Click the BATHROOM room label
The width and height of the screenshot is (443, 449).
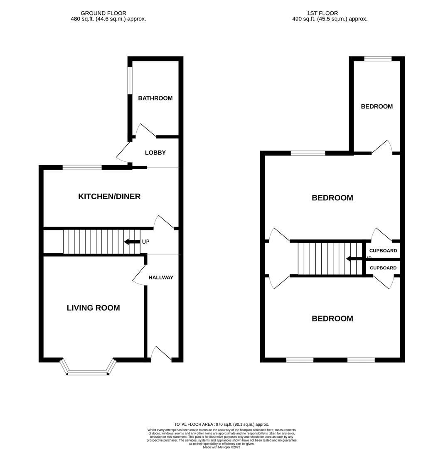(155, 99)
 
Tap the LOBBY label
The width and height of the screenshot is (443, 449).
(155, 153)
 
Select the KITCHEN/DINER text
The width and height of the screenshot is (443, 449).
(109, 196)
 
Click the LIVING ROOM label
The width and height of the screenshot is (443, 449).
(93, 308)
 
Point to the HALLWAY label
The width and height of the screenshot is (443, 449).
(161, 277)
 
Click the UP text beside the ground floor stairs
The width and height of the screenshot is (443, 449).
(145, 242)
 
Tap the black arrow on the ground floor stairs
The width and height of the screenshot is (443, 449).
(131, 242)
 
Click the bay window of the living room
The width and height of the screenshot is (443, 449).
(88, 373)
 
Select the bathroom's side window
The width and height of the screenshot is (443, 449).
(130, 80)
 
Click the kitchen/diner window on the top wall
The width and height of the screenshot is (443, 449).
(82, 168)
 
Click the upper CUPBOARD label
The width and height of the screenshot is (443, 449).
(383, 251)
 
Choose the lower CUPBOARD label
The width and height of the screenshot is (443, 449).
(383, 268)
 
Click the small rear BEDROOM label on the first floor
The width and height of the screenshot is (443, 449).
(377, 106)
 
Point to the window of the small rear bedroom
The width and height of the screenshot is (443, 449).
(377, 59)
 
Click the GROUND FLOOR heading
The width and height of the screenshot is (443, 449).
(103, 13)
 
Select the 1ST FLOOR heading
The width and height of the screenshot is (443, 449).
(322, 13)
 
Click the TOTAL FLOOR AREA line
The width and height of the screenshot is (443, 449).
(221, 424)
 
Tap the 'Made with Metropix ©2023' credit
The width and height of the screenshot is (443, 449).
(221, 447)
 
